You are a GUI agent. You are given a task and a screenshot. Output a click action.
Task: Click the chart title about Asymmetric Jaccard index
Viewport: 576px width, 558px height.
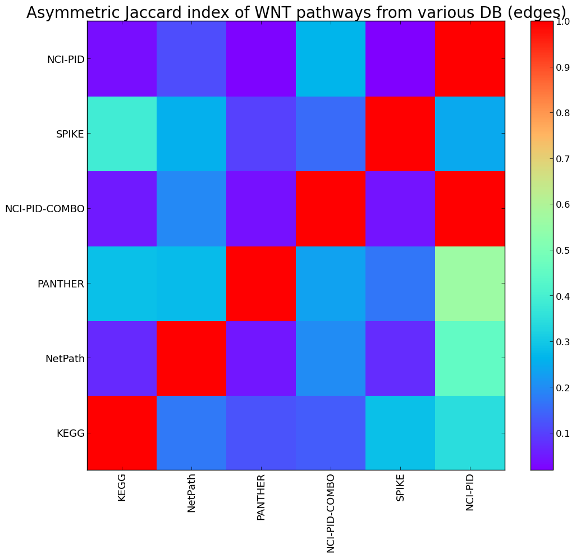pyautogui.click(x=296, y=13)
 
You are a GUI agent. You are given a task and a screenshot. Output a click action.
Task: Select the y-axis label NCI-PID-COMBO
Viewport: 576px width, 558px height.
pyautogui.click(x=45, y=209)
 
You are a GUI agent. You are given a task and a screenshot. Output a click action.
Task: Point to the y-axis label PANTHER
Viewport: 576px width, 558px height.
pyautogui.click(x=61, y=283)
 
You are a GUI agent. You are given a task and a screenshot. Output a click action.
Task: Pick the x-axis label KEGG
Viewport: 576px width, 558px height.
pyautogui.click(x=122, y=487)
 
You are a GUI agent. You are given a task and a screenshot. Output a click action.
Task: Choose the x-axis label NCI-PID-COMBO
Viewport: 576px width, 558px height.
pyautogui.click(x=331, y=513)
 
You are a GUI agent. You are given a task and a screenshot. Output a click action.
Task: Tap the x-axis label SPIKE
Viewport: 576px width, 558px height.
pyautogui.click(x=400, y=487)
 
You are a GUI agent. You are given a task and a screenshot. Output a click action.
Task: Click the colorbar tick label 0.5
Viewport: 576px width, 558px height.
pyautogui.click(x=563, y=250)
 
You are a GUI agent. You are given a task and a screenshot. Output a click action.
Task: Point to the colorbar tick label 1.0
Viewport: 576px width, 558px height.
pyautogui.click(x=563, y=21)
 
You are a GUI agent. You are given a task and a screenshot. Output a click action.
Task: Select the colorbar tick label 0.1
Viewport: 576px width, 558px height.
pyautogui.click(x=563, y=433)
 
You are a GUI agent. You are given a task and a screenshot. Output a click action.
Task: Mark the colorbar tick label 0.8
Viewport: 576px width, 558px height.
pyautogui.click(x=563, y=113)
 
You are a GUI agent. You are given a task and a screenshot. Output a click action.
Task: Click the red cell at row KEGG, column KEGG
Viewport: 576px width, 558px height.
pyautogui.click(x=122, y=432)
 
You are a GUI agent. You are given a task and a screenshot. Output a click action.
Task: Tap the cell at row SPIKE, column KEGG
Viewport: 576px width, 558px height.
pyautogui.click(x=122, y=134)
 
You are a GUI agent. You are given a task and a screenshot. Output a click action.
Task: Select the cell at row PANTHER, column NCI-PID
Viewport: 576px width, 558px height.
pyautogui.click(x=470, y=283)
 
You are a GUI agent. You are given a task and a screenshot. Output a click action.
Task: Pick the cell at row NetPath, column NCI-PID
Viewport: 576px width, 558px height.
pyautogui.click(x=470, y=358)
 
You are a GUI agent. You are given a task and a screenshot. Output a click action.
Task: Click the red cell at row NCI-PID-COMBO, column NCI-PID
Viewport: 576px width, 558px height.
pyautogui.click(x=470, y=209)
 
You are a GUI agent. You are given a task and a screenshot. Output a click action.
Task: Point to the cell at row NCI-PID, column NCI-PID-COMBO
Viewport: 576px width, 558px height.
pyautogui.click(x=331, y=58)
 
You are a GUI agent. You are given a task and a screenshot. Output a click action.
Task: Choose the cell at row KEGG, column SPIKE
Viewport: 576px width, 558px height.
pyautogui.click(x=400, y=432)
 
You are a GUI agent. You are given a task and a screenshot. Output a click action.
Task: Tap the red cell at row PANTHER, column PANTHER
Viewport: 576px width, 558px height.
pyautogui.click(x=261, y=283)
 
